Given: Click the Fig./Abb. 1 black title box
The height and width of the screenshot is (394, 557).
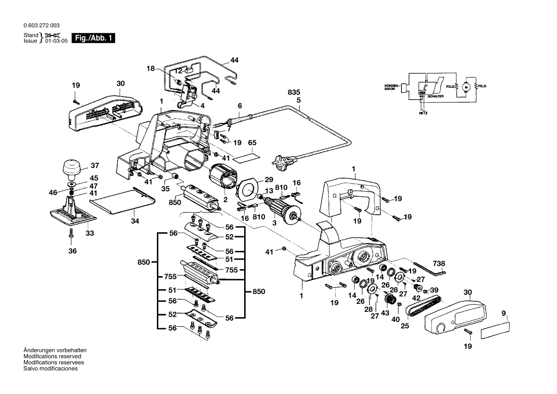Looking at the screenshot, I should click(93, 38).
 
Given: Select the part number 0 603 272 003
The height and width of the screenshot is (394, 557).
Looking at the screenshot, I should click(41, 25).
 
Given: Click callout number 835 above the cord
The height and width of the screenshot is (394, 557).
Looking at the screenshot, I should click(294, 93).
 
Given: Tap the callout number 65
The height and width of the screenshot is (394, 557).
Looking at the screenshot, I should click(252, 143).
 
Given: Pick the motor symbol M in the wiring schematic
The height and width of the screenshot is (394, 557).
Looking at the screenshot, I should click(467, 86).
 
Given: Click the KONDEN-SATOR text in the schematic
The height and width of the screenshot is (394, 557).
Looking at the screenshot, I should click(392, 88).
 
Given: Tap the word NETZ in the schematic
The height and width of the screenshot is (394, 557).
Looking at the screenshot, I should click(423, 114).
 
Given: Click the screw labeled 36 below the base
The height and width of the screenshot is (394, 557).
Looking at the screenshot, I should click(71, 234).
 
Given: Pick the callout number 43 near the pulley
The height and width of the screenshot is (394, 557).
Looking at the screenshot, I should click(384, 312).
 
